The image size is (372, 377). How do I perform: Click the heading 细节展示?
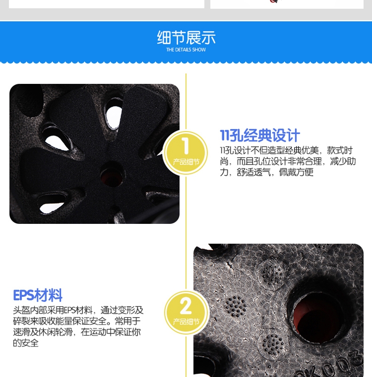click(186, 38)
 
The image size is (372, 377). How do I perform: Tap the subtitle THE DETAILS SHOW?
click(186, 50)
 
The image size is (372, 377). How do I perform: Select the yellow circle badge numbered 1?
click(186, 152)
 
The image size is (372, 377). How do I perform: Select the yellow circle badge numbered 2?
click(186, 312)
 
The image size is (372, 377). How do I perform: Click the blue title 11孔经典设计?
click(260, 135)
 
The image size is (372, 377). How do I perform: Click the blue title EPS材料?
click(38, 295)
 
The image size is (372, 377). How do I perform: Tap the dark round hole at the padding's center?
click(111, 175)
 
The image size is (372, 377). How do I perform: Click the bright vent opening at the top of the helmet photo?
click(114, 115)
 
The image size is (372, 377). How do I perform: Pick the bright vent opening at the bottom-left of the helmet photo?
click(52, 204)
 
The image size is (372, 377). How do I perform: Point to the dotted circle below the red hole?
click(273, 345)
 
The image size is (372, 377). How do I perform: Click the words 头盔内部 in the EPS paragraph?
click(30, 310)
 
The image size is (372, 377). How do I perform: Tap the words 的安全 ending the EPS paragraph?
click(26, 343)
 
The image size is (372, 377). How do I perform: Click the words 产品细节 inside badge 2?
click(186, 322)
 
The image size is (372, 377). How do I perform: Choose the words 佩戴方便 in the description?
click(296, 172)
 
